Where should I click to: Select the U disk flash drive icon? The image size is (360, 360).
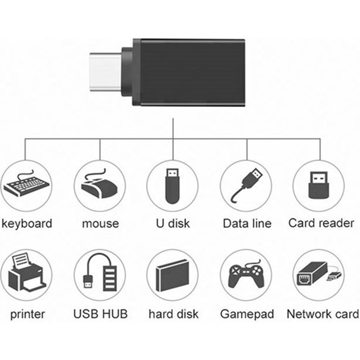point(172,186)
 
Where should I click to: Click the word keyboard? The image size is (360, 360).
point(27,224)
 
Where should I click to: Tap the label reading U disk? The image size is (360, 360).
point(172,224)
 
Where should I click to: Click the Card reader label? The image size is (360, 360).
point(321,223)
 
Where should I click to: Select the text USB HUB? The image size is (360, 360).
point(100,314)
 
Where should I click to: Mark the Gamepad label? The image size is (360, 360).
point(247,314)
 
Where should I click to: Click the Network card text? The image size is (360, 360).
point(323,314)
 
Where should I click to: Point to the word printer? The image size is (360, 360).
point(28,314)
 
